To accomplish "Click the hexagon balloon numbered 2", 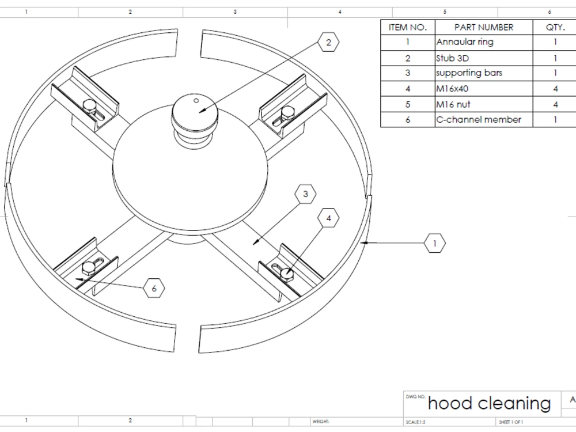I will [328, 42].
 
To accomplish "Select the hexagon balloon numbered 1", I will [435, 244].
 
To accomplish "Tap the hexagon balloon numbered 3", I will [305, 195].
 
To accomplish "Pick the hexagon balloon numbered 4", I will [328, 218].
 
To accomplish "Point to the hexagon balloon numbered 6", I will [154, 287].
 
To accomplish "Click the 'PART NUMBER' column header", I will [483, 27].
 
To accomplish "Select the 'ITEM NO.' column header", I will [408, 27].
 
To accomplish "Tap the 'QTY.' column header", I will [555, 27].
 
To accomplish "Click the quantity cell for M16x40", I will [555, 89].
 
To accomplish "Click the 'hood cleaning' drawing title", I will [489, 403].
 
